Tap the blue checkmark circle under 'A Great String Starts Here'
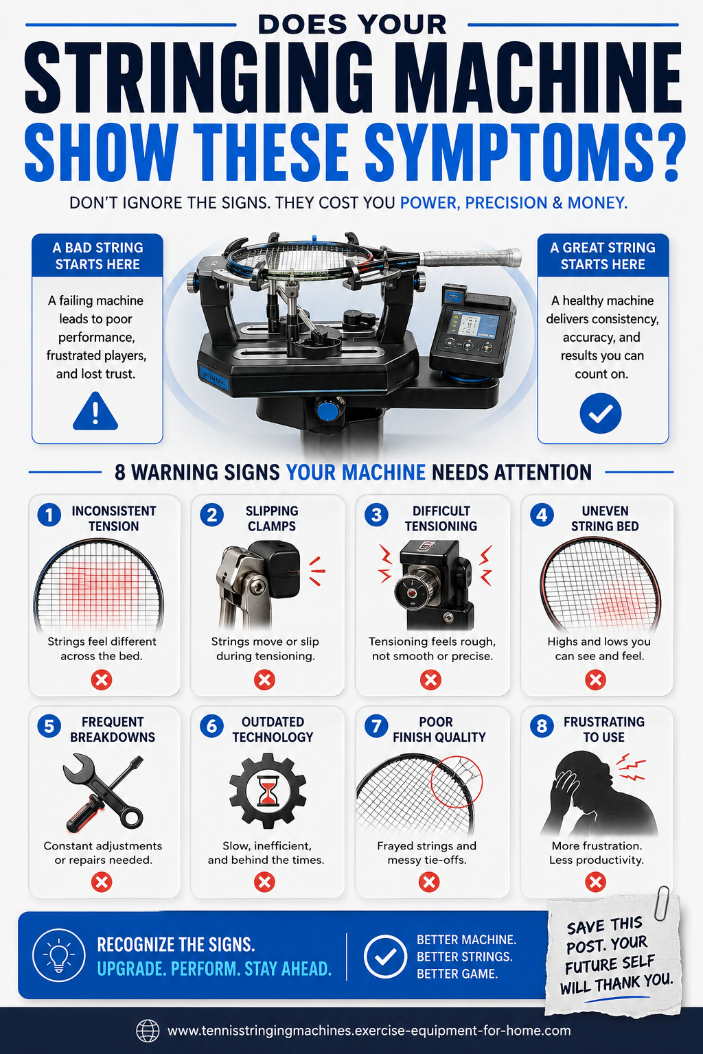[600, 413]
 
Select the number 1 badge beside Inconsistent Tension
[49, 515]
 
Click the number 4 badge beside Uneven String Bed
[542, 515]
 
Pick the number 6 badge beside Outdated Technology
[212, 726]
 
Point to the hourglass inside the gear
[268, 791]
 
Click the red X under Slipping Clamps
[264, 680]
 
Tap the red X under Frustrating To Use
[596, 882]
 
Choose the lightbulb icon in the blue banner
[59, 956]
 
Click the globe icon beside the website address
[148, 1031]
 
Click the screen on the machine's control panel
[474, 324]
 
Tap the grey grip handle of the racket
[470, 257]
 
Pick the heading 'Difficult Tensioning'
[441, 519]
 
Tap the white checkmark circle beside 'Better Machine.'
[385, 956]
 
